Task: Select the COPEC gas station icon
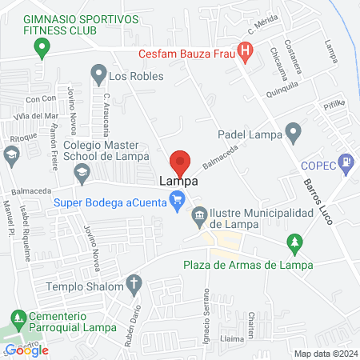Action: click(346, 162)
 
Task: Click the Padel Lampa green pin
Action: click(294, 130)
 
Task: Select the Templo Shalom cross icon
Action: click(134, 283)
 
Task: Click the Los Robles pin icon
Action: click(98, 76)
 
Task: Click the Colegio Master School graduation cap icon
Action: click(81, 170)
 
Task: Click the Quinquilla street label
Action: click(282, 93)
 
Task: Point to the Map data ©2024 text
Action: click(325, 353)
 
